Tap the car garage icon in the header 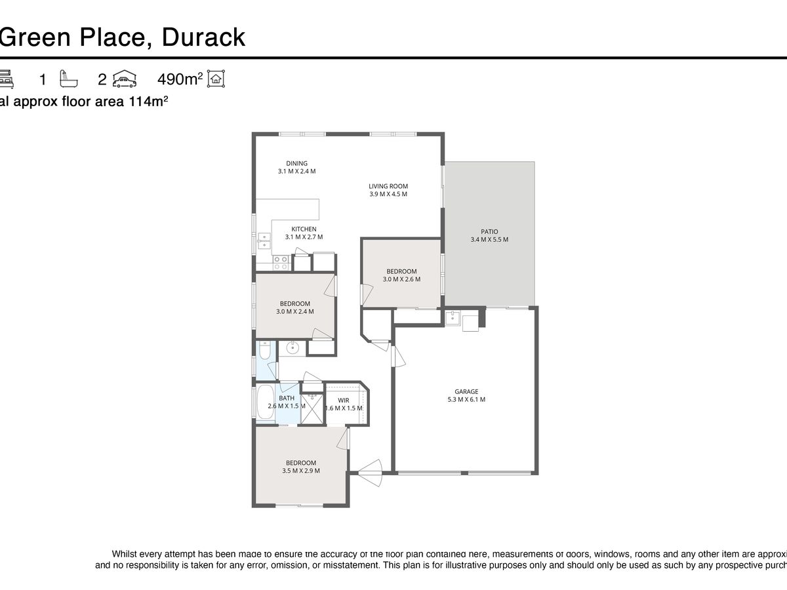[x=125, y=79]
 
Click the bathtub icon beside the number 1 [x=69, y=79]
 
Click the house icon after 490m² [x=216, y=79]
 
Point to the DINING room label [x=296, y=163]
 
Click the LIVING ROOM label [x=388, y=186]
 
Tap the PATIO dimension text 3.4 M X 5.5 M [x=489, y=240]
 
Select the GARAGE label [x=466, y=391]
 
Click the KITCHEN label [x=304, y=229]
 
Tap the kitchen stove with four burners [x=281, y=263]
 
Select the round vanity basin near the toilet [x=293, y=348]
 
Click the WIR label [x=344, y=400]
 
